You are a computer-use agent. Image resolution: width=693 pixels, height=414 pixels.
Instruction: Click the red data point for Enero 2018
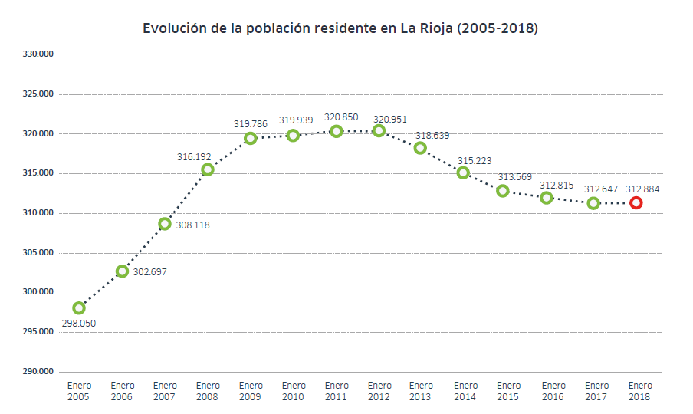[636, 202]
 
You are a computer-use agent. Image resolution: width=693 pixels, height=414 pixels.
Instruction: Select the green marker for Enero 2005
[79, 307]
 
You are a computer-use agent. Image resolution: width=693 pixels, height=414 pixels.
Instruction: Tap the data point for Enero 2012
[379, 131]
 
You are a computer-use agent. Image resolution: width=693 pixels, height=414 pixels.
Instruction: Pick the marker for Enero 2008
[208, 169]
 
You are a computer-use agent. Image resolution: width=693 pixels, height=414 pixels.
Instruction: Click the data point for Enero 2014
[463, 172]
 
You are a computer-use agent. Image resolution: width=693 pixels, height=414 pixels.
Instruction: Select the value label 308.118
[192, 225]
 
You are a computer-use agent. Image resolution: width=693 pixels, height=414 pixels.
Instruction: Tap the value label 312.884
[642, 189]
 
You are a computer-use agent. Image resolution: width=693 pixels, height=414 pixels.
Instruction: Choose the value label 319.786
[251, 123]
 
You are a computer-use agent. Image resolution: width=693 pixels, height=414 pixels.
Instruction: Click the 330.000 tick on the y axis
[38, 54]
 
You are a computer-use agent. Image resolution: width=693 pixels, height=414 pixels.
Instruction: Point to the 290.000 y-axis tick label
[38, 372]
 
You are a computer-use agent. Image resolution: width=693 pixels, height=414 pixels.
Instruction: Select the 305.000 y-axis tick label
[38, 252]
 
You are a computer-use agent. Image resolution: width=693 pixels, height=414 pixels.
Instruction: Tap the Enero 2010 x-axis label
[294, 391]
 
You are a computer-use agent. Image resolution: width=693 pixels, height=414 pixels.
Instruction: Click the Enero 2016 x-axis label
[553, 391]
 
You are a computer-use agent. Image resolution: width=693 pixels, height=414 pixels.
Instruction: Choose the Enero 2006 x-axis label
[122, 391]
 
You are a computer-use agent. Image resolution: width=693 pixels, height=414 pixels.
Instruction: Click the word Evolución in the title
[176, 28]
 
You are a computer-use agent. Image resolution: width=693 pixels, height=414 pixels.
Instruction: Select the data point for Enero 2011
[336, 131]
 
